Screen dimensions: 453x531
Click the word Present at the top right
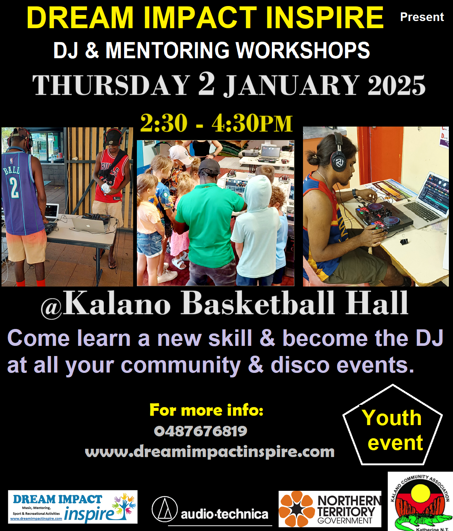tap(422, 17)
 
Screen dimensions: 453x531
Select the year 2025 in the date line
tap(396, 86)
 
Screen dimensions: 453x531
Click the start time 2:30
tap(163, 124)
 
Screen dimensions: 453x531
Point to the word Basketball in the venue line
tap(258, 303)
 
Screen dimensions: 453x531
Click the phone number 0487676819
tap(201, 431)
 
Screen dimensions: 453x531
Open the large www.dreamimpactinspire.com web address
tap(210, 452)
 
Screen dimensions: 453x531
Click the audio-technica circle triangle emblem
tap(165, 509)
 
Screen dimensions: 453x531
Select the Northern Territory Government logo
tap(330, 509)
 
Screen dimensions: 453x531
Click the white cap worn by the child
tap(181, 155)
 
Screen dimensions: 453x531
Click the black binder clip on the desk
tap(403, 241)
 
